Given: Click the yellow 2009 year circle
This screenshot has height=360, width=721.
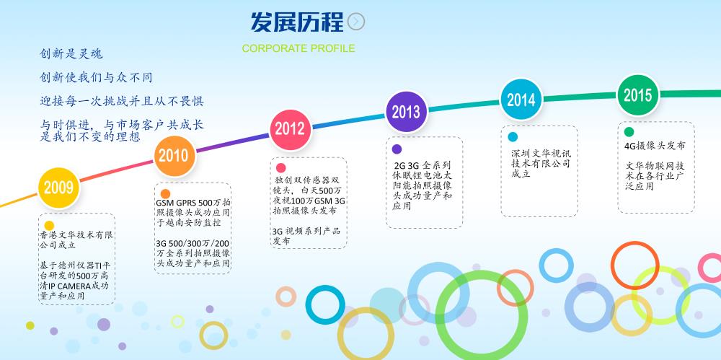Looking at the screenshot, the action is pos(59,188).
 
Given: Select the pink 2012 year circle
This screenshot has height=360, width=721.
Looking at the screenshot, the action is pos(290,129).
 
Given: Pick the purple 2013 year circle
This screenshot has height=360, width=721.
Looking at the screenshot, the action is pos(406,112).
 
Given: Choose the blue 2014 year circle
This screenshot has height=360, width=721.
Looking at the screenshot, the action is pos(521,100).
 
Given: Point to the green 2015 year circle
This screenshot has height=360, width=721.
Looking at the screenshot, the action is pos(638,95).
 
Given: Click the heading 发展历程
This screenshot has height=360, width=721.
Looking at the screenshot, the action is pos(297,22).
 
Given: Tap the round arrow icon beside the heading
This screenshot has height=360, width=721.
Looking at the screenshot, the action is pos(356,22).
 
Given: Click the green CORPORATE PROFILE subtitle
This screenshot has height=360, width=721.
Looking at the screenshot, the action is pos(298,48).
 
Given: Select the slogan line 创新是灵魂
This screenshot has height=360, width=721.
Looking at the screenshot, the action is pos(71,54).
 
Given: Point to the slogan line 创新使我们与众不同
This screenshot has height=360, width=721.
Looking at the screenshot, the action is pos(96,77).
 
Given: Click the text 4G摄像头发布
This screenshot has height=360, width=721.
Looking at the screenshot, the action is pos(655,146).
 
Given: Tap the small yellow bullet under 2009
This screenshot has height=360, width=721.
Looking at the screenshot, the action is pos(49,226).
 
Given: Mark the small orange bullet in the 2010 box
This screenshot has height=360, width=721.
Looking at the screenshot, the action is pos(166,194).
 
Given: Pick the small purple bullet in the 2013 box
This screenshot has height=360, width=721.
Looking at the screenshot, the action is pos(397,149).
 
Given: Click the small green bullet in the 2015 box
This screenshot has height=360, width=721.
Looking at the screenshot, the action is pos(629,132).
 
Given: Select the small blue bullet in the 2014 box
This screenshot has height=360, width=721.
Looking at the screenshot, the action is pos(513,137).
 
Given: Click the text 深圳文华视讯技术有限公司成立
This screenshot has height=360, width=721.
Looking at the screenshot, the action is pos(541,164).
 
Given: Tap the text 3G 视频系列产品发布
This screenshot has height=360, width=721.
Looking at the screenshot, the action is pos(306,236).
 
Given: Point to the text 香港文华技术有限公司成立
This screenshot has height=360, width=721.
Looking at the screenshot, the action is pos(76,240).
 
